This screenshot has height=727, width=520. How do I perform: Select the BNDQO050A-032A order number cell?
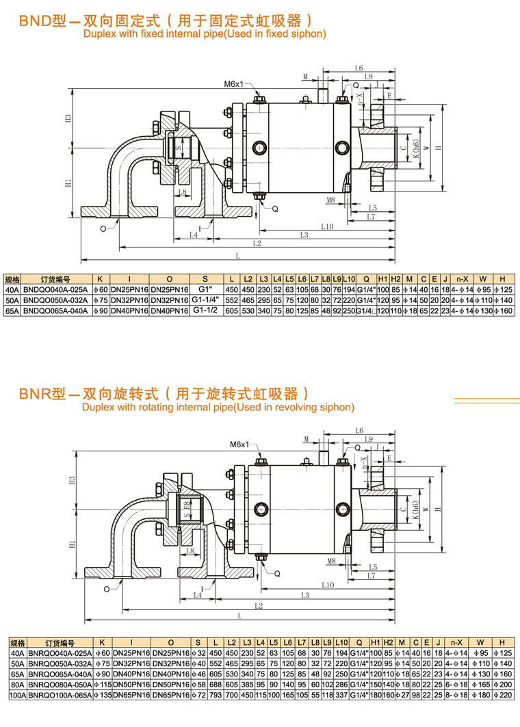point(55,300)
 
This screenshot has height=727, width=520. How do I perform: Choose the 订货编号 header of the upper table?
point(55,279)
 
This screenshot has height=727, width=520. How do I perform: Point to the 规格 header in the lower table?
point(17,644)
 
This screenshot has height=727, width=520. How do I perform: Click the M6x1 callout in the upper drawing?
point(233,84)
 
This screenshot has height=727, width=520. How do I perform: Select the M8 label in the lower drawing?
point(331,561)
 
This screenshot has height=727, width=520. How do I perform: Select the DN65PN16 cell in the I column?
point(131,695)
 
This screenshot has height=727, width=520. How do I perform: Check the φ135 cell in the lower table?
point(101,695)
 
